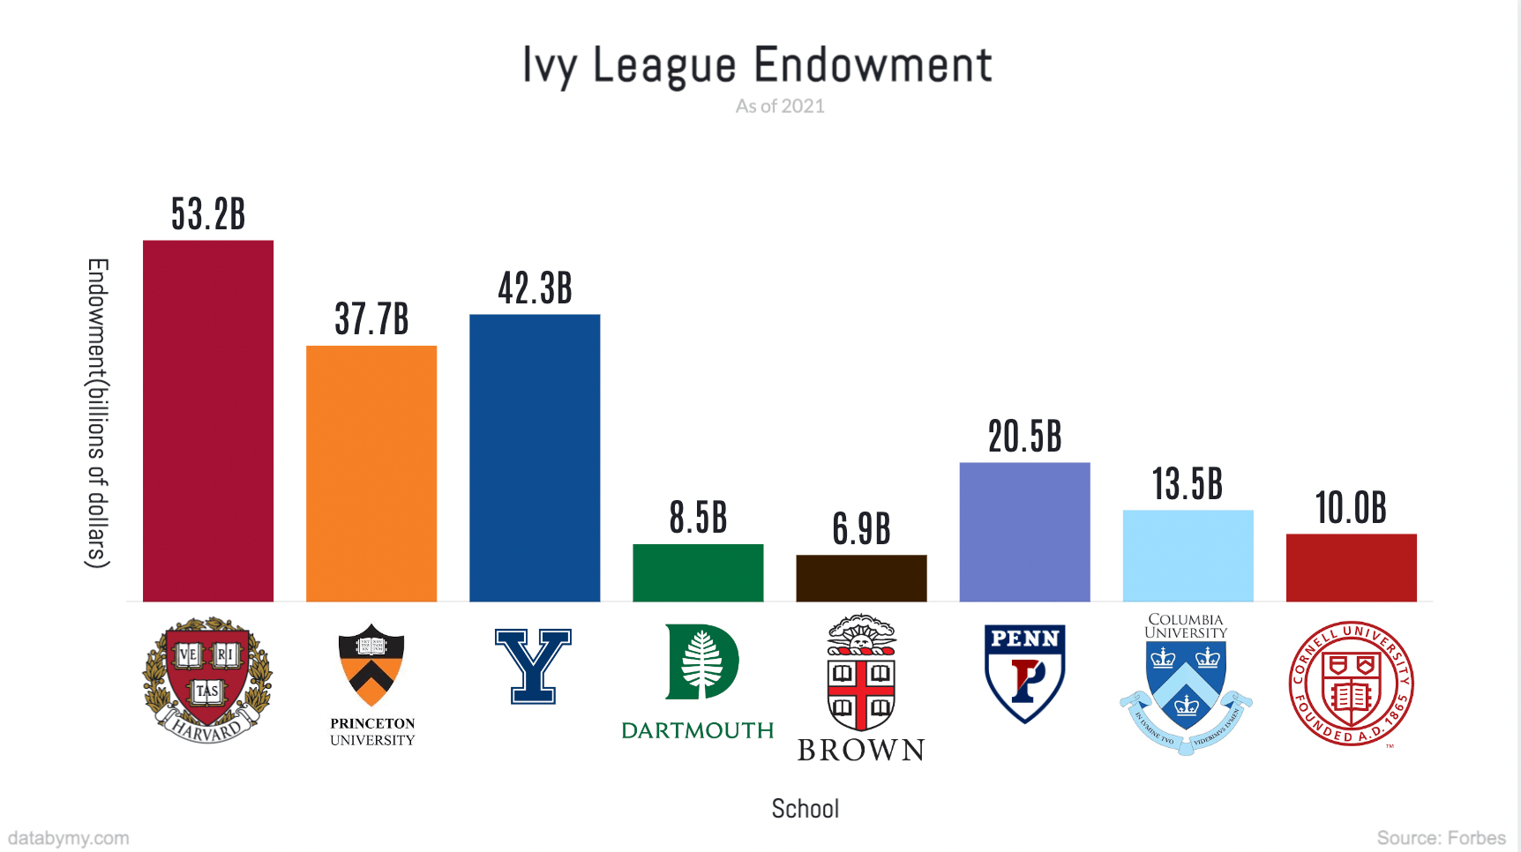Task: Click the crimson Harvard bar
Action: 208,421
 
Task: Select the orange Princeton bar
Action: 371,474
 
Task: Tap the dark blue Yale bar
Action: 535,458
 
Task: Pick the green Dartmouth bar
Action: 698,573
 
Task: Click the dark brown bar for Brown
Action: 861,579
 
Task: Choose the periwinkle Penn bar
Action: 1024,532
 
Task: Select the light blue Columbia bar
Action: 1188,556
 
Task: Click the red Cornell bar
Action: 1351,568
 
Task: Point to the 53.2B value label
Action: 208,214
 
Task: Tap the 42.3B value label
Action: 535,288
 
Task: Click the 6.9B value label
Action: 861,529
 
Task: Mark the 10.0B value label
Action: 1351,508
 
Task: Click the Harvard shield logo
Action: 208,680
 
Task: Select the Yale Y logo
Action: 533,666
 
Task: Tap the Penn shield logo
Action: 1024,673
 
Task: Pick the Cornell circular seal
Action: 1351,684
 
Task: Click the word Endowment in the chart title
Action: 873,65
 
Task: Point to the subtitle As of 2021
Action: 780,107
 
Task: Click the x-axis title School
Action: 805,809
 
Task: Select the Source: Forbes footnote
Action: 1441,838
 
